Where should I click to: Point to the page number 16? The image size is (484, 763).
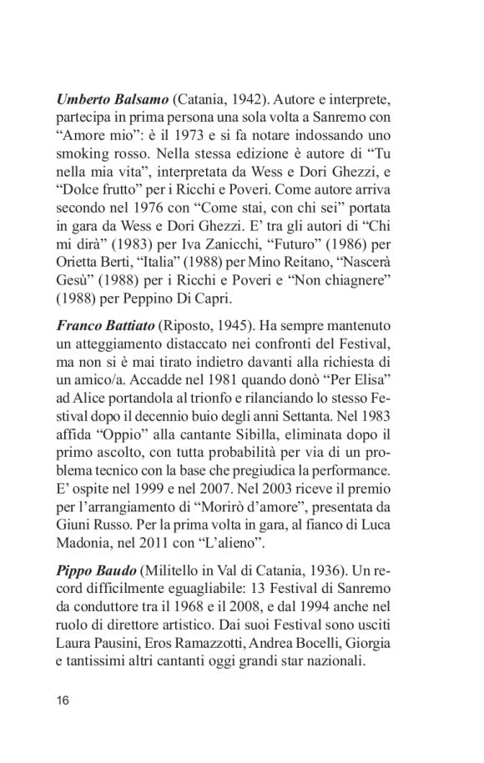63,699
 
